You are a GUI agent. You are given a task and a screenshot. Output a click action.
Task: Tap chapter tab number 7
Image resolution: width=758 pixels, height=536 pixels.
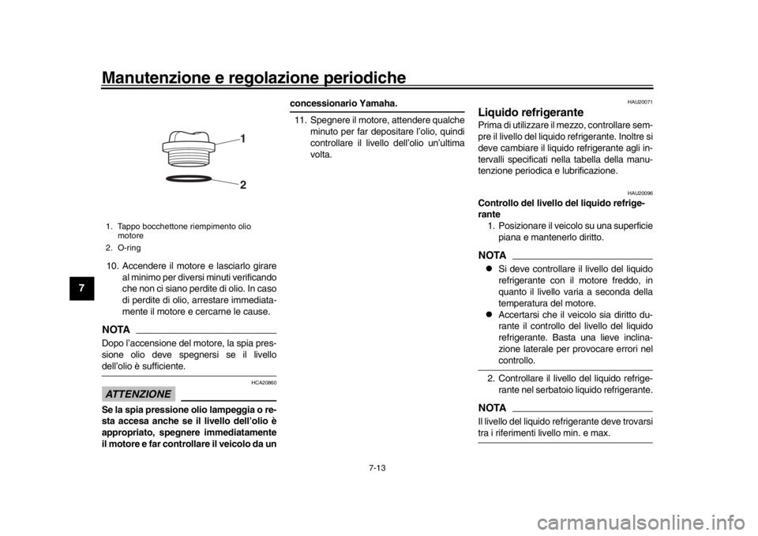tap(81, 287)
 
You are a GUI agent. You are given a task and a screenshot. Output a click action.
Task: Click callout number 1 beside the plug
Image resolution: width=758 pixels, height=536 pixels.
tap(243, 138)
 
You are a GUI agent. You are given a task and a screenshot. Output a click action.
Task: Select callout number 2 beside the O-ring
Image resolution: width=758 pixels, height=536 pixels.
tap(243, 186)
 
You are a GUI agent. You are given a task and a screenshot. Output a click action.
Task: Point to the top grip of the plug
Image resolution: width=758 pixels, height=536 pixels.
tap(189, 135)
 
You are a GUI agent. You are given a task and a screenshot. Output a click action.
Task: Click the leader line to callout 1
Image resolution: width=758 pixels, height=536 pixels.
tap(227, 141)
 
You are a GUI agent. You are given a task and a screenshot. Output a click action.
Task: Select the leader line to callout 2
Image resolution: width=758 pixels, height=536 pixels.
tap(225, 182)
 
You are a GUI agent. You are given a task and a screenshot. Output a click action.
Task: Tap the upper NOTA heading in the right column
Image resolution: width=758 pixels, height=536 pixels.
tap(492, 256)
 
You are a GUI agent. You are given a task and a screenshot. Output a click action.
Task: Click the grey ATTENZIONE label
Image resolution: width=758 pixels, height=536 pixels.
tap(138, 392)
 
